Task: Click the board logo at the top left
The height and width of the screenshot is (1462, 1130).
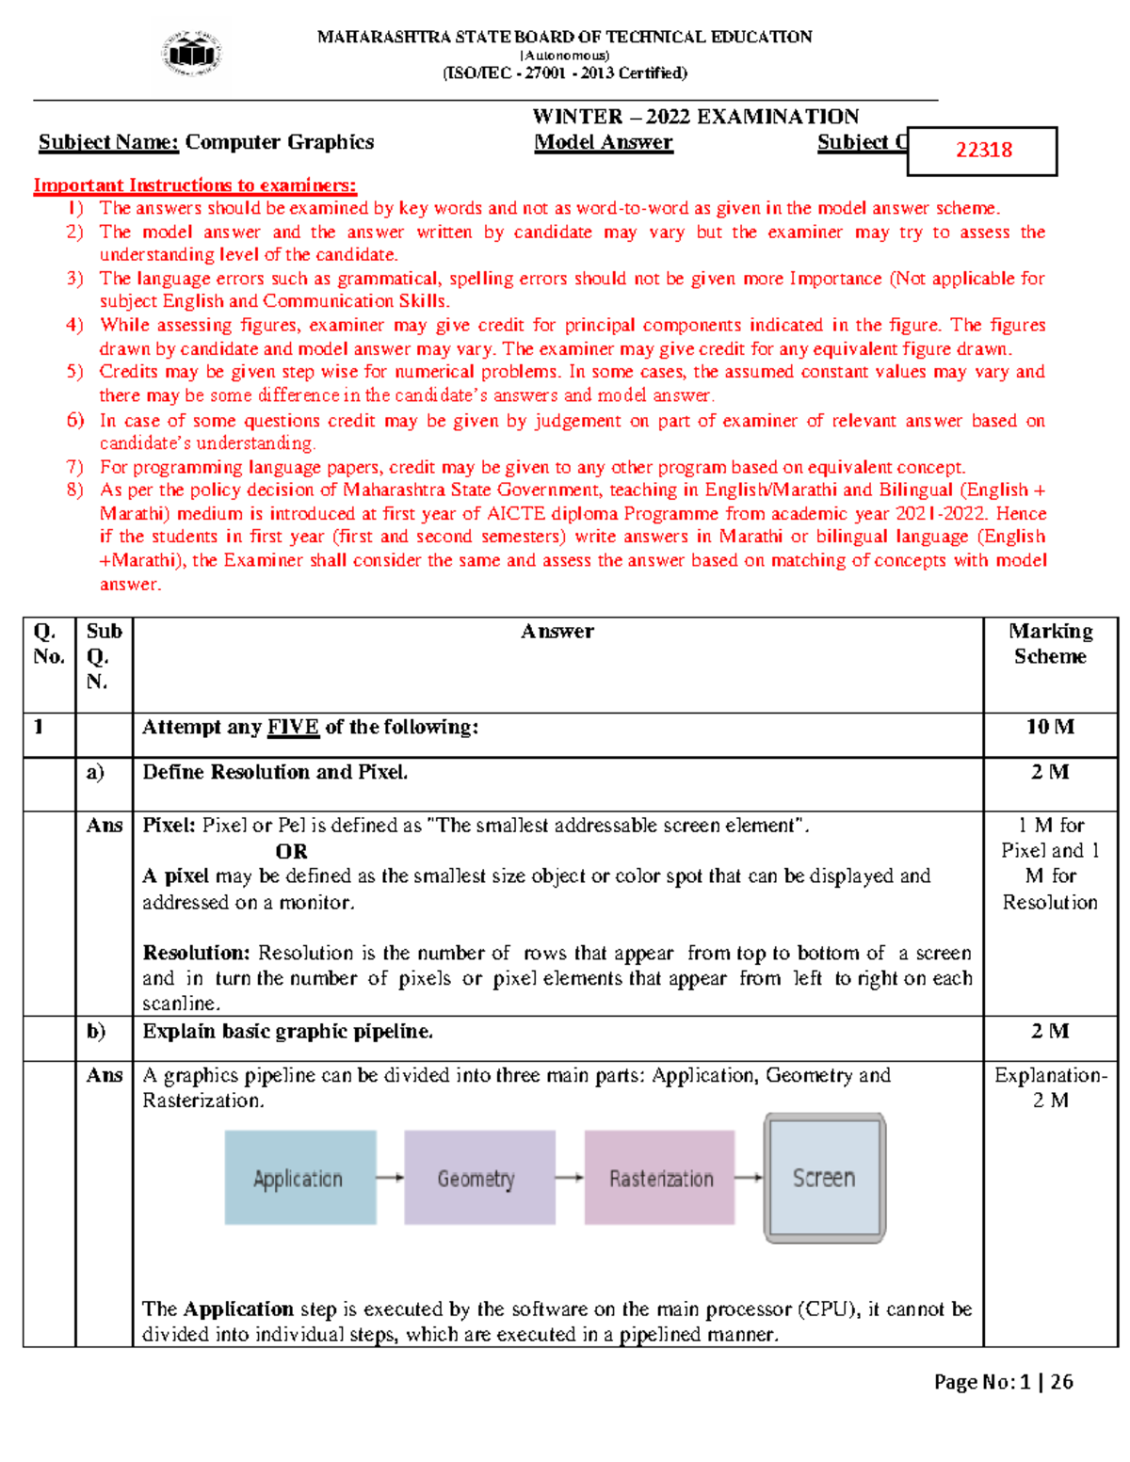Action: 193,54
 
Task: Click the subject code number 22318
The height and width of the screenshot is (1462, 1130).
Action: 983,151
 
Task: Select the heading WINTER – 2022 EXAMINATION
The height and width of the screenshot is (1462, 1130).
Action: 695,117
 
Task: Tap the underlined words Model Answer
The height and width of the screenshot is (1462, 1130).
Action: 604,143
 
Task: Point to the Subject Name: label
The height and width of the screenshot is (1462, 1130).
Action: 108,143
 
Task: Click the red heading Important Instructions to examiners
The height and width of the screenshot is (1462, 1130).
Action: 195,185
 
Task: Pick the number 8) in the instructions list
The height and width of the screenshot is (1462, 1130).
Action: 75,490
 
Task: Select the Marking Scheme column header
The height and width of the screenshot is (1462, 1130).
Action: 1050,644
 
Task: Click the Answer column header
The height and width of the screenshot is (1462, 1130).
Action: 557,632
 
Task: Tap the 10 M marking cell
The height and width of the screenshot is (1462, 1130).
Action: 1050,727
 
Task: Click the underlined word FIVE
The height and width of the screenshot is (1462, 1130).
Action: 293,728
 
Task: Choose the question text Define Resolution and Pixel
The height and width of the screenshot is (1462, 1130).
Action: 275,772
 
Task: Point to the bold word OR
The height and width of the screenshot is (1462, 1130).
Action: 291,851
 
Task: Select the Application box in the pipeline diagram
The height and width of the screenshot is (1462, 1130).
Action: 300,1178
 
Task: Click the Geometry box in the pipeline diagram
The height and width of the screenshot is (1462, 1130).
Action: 479,1178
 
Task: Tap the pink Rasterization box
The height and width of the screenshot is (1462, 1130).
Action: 659,1178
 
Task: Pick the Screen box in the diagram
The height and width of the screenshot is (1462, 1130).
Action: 824,1178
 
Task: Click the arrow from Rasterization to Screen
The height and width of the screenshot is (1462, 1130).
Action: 749,1177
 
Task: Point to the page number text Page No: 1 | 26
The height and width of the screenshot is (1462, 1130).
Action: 1003,1382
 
